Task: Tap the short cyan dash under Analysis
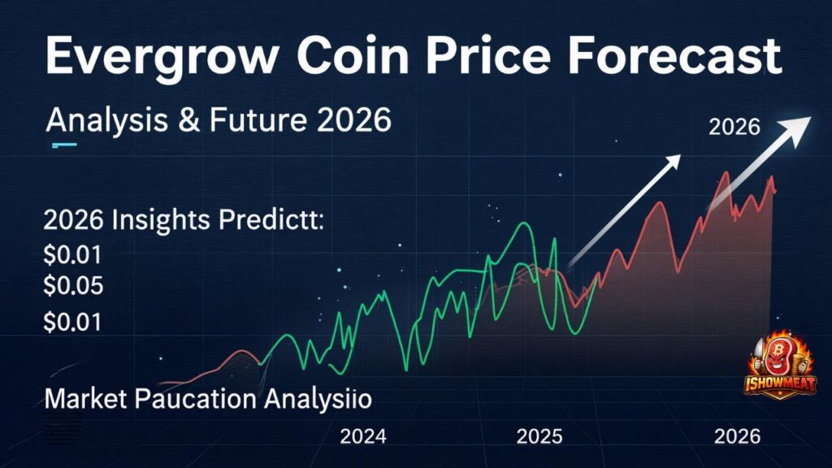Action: click(x=63, y=145)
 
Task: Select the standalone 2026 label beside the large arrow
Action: click(x=734, y=128)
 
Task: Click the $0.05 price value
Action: click(x=73, y=286)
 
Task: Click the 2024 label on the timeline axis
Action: click(x=362, y=437)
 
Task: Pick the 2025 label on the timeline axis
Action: click(x=539, y=437)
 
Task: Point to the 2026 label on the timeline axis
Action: click(x=738, y=437)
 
